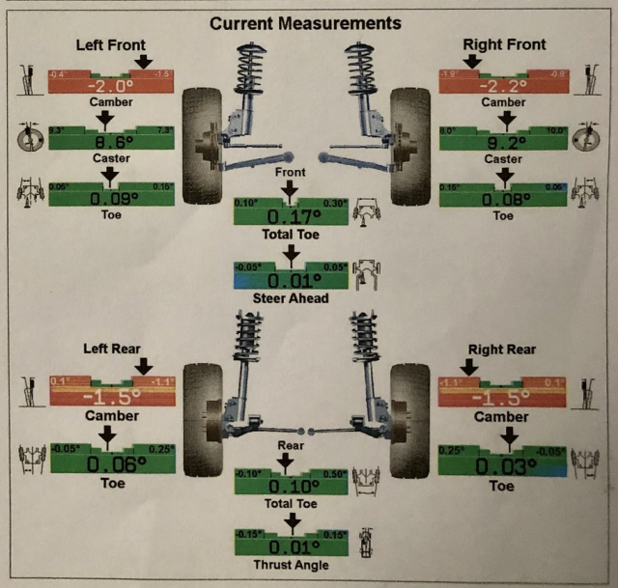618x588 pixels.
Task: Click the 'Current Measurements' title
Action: point(306,20)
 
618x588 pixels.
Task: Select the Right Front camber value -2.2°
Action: point(503,85)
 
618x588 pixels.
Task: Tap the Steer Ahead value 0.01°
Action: point(290,280)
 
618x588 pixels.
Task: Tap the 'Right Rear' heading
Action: point(502,349)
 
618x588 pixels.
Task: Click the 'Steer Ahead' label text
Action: point(290,298)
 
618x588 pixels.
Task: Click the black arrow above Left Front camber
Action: point(144,62)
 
